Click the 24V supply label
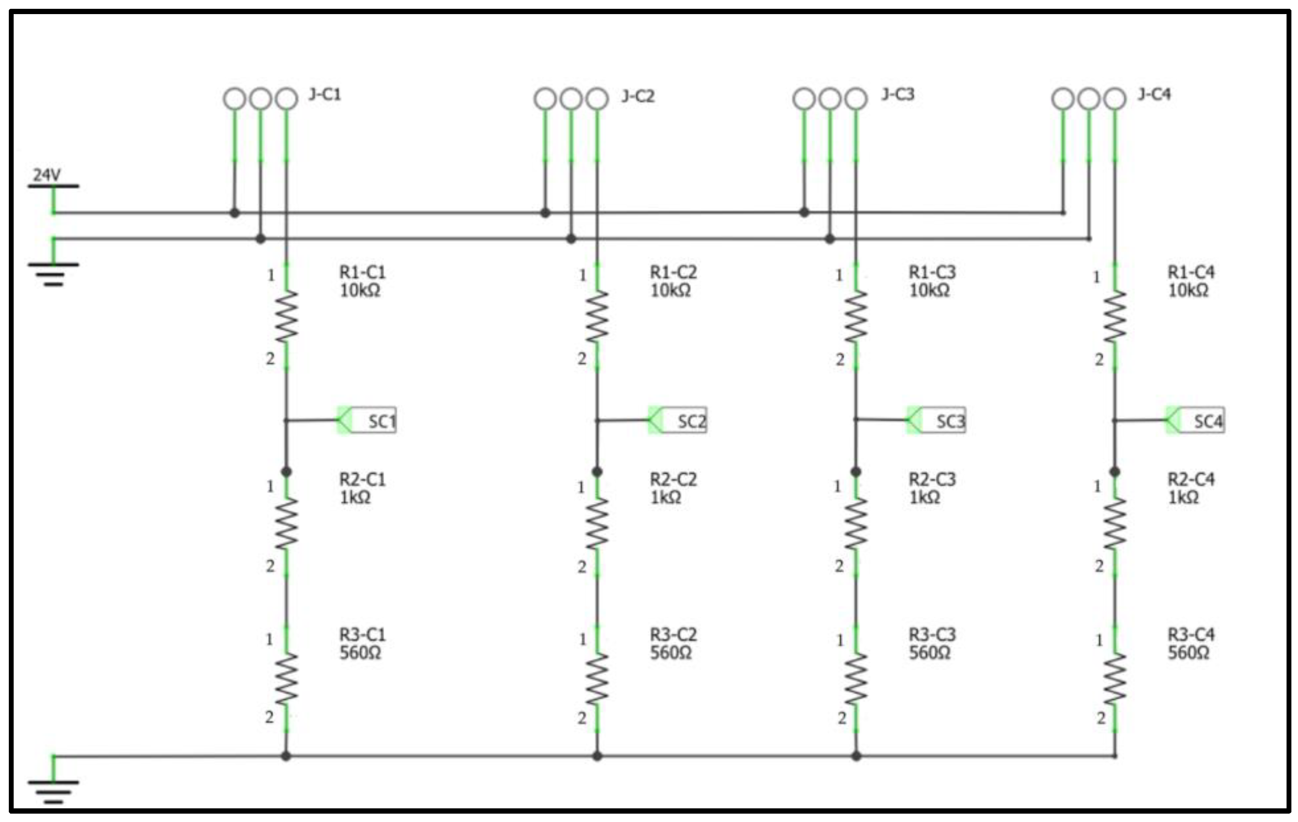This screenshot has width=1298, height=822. point(47,174)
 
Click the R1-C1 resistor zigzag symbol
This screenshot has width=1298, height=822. point(286,316)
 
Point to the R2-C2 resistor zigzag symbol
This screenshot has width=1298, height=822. point(597,524)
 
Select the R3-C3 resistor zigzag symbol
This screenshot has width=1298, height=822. point(856,679)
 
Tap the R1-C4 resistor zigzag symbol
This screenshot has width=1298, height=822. point(1115,316)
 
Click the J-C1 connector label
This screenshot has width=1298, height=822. point(324,95)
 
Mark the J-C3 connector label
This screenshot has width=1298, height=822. point(898,95)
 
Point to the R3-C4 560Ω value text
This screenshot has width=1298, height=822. point(1189,653)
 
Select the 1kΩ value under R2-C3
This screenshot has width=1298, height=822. point(924,497)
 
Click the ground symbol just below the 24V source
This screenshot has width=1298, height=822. point(53,272)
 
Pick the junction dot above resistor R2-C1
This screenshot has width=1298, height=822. point(286,472)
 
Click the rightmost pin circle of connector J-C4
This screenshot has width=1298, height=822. point(1115,99)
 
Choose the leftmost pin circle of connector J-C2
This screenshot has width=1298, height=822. point(545,99)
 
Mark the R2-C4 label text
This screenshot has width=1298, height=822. point(1191,479)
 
